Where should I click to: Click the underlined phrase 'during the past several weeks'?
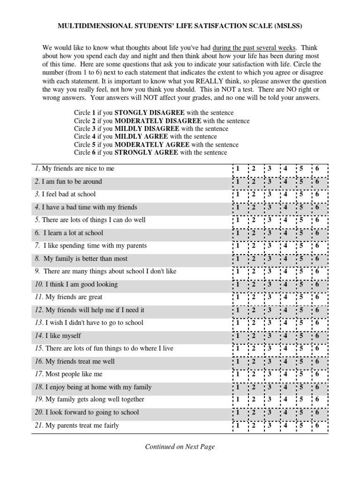(254, 48)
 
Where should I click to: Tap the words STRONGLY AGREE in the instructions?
(146, 153)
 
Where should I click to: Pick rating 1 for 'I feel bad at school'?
(237, 195)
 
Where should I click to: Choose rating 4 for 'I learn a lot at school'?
(285, 233)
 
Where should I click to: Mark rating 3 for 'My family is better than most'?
(269, 259)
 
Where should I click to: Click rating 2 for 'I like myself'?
(253, 336)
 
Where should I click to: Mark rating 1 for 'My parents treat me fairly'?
(237, 426)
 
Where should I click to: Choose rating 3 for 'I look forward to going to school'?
(269, 413)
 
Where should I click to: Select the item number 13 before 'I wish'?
(38, 323)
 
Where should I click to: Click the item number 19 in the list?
(38, 400)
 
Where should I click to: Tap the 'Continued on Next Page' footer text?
(180, 447)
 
